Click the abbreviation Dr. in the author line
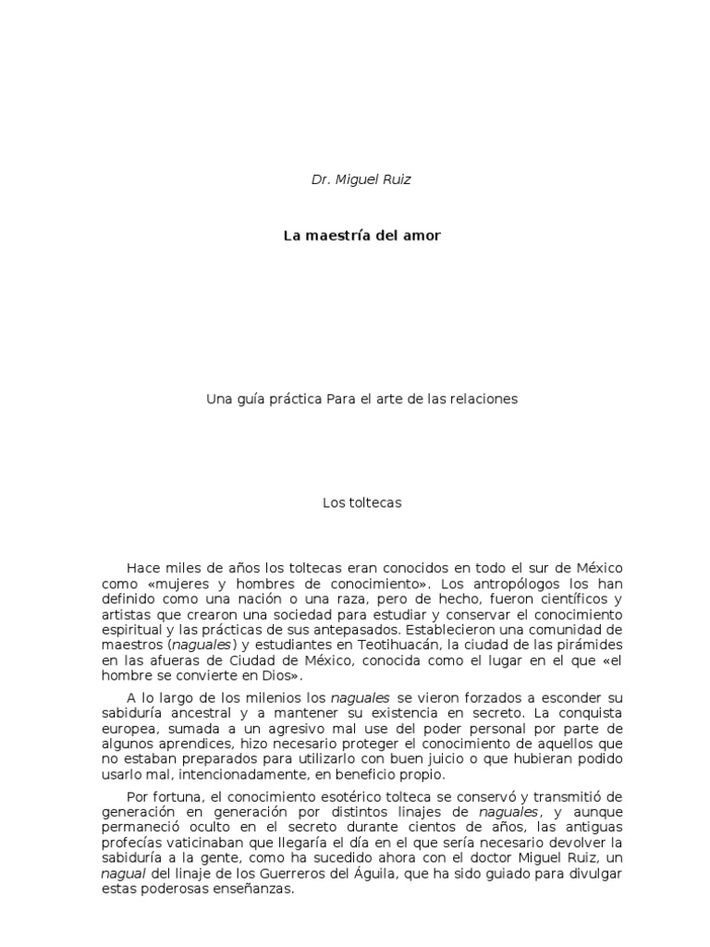click(321, 179)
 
